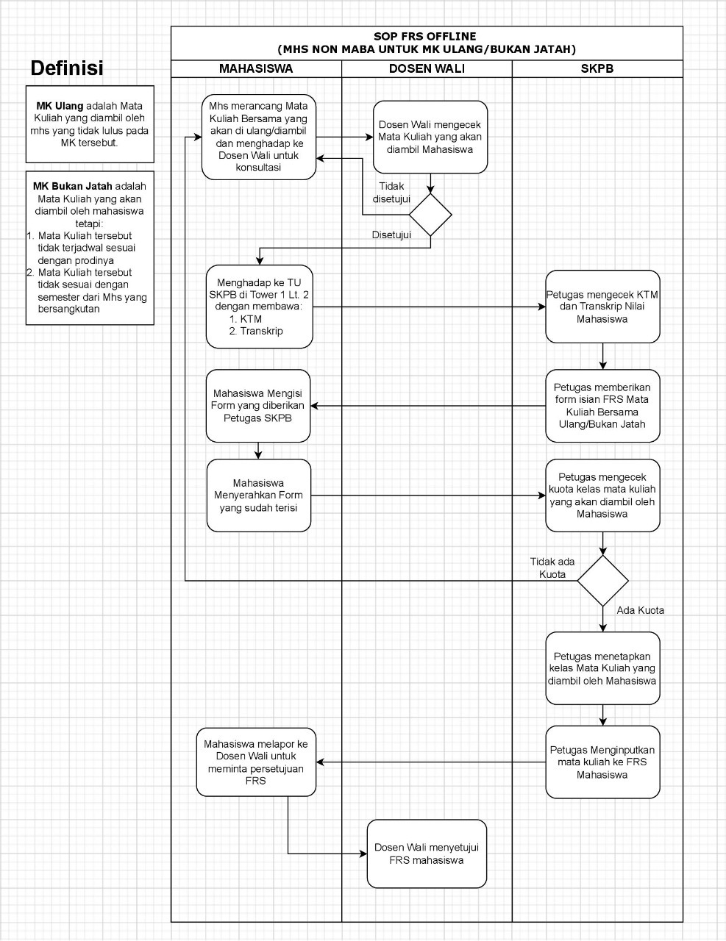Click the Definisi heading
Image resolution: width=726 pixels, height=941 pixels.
click(x=67, y=68)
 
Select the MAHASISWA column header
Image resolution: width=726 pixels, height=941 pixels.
click(x=256, y=68)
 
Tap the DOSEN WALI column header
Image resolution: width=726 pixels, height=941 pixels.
click(x=427, y=68)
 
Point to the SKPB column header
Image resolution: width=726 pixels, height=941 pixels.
click(x=597, y=68)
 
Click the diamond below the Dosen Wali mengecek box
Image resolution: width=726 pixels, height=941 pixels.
click(x=430, y=215)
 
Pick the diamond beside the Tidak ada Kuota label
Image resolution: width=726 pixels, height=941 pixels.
click(x=602, y=581)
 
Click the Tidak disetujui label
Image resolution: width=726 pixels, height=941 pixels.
click(x=391, y=193)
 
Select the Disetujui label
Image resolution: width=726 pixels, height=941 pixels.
click(x=391, y=235)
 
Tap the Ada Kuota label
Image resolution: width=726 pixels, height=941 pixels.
click(x=640, y=610)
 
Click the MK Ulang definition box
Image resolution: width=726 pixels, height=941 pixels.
click(x=90, y=124)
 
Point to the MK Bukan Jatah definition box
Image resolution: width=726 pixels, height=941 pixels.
click(x=90, y=248)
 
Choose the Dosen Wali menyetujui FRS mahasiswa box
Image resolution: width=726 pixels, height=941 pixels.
click(x=427, y=854)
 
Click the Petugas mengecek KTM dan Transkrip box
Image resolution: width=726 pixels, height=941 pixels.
click(x=602, y=307)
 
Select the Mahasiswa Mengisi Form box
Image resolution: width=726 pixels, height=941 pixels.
click(x=258, y=406)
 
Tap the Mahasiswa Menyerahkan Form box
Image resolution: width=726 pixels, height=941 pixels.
click(x=258, y=495)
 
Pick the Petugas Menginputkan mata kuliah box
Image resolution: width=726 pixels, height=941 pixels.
click(x=602, y=762)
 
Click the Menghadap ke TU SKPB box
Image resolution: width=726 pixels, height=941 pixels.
click(x=260, y=307)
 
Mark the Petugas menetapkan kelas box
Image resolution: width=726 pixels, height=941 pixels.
click(x=602, y=668)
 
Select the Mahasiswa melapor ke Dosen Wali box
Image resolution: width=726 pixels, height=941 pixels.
click(x=256, y=762)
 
